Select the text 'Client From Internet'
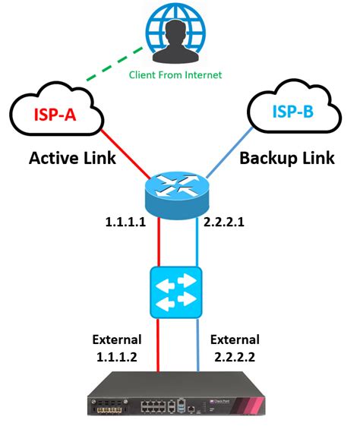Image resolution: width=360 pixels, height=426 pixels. pyautogui.click(x=175, y=74)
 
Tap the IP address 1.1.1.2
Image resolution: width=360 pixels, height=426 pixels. pyautogui.click(x=112, y=355)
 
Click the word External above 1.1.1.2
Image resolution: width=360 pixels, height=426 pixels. pyautogui.click(x=112, y=339)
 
